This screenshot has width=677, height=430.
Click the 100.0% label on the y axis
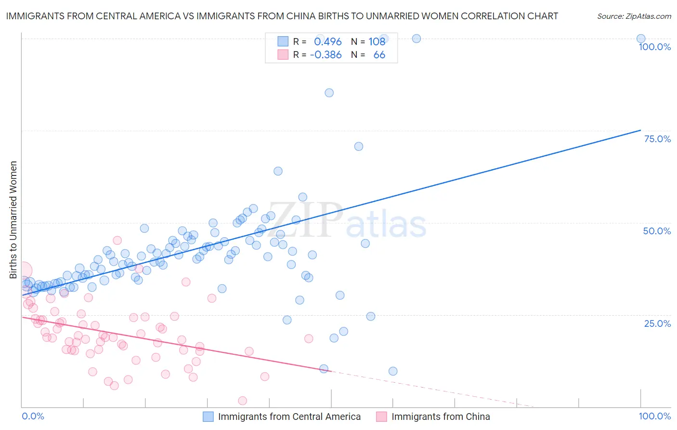point(654,47)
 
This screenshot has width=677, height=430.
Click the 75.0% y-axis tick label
point(657,139)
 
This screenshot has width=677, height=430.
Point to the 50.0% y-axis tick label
point(657,231)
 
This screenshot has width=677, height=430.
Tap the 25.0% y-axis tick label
point(657,323)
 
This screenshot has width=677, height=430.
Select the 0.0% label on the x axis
point(33,416)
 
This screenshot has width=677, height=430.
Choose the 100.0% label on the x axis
point(654,416)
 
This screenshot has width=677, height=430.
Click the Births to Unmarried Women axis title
point(13,220)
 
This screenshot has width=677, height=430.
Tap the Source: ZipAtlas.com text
point(634,16)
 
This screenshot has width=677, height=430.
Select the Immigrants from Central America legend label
point(289,417)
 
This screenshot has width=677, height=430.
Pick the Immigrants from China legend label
point(441,417)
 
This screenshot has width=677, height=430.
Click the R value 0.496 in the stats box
point(328,41)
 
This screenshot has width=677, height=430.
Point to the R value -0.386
point(326,55)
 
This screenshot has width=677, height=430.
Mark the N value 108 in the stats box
point(377,41)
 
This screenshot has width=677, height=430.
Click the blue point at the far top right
point(641,39)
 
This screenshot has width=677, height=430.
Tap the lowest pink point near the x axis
point(243,401)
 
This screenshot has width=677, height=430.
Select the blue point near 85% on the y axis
point(329,93)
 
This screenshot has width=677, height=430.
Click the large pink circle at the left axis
point(23,270)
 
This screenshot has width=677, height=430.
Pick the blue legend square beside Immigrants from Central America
point(208,417)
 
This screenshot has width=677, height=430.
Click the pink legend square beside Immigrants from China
point(381,417)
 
